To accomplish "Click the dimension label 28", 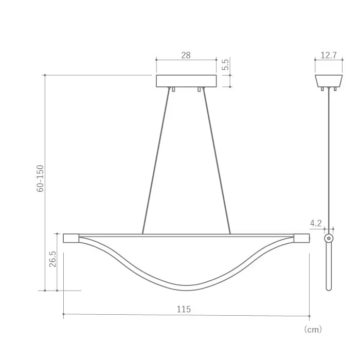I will click(x=186, y=55).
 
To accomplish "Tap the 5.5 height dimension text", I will click(x=225, y=65).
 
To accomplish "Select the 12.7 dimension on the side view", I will click(x=328, y=55).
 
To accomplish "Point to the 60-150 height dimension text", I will click(x=41, y=178).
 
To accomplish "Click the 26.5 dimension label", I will click(x=53, y=259).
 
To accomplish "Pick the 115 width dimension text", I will click(x=184, y=309).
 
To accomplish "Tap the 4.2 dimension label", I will click(x=316, y=223).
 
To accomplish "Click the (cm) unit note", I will click(x=313, y=329).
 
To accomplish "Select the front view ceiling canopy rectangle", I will click(x=186, y=81).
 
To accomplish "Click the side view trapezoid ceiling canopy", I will click(x=329, y=81).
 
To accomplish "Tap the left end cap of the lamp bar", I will click(x=70, y=238).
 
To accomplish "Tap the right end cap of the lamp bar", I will click(x=302, y=238).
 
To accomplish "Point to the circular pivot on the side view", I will click(x=329, y=239).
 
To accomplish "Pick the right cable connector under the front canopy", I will click(x=199, y=89).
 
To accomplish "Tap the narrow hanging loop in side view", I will click(x=329, y=267).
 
